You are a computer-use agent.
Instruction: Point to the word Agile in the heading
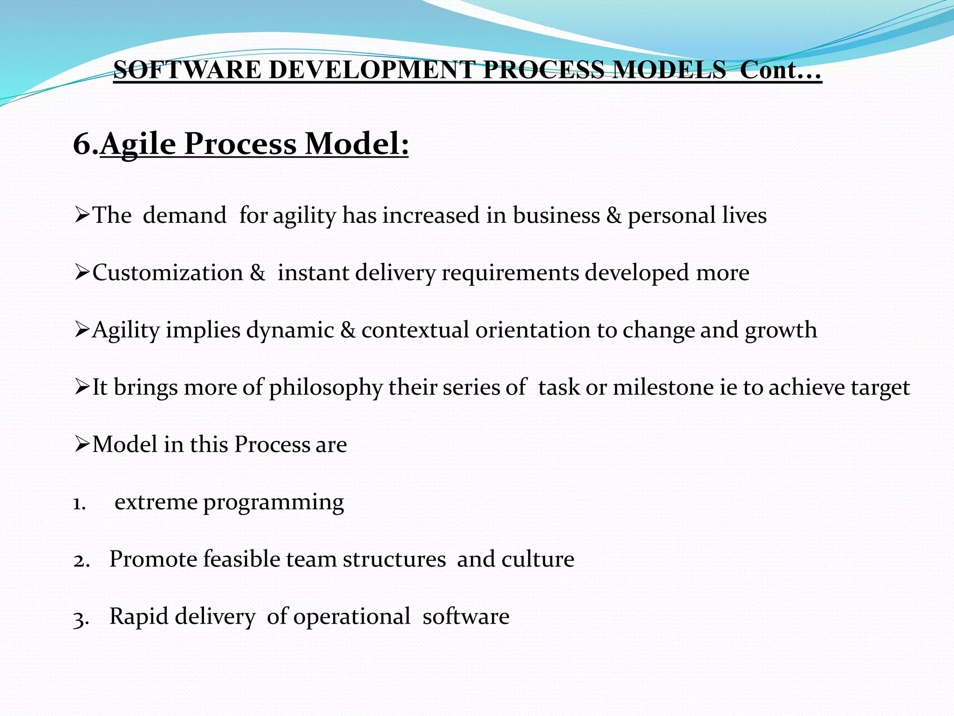point(138,145)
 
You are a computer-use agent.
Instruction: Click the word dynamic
point(290,330)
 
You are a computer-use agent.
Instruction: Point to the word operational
point(352,617)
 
